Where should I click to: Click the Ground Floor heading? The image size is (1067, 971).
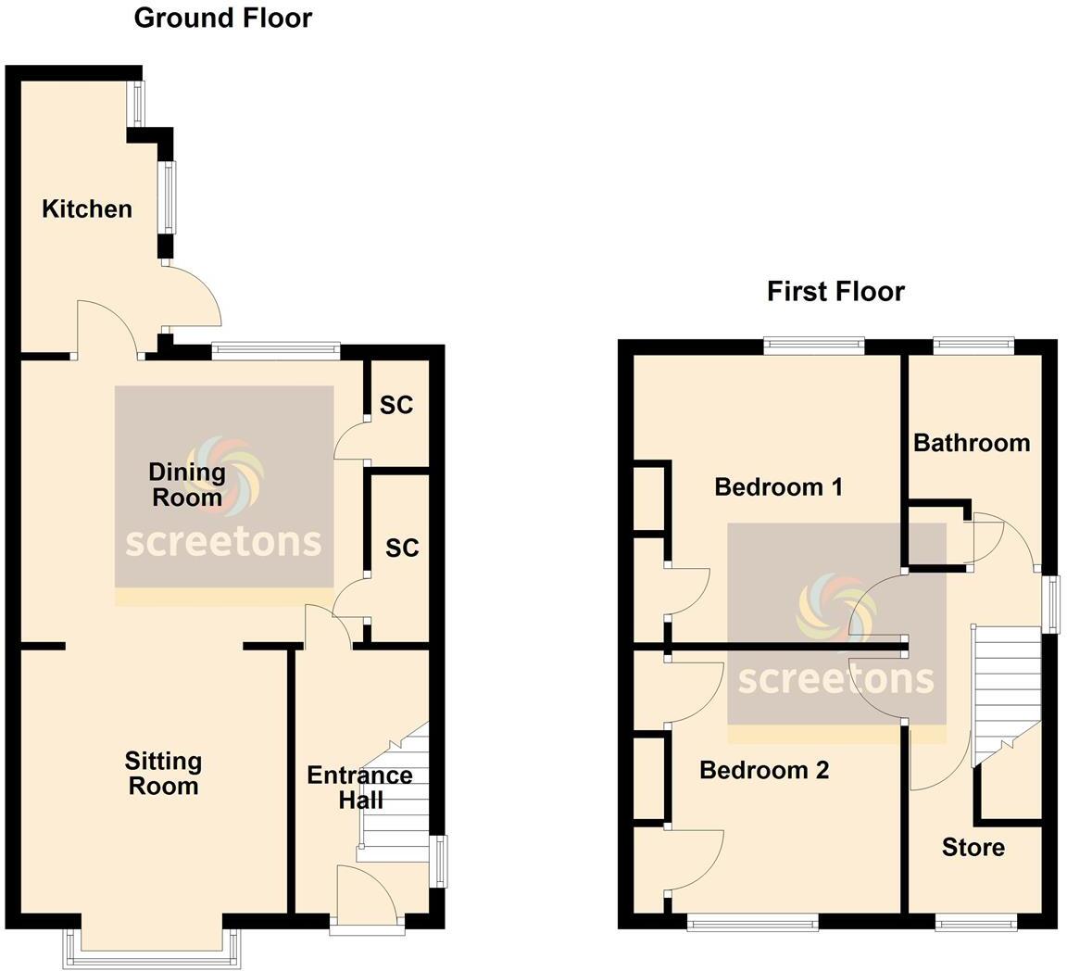point(222,18)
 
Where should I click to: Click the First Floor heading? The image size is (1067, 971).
point(835,292)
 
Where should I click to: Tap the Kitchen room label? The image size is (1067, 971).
point(87,209)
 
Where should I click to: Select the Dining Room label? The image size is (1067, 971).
point(188,485)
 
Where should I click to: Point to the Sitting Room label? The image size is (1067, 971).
point(163,774)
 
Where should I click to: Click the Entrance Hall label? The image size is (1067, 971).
point(359,787)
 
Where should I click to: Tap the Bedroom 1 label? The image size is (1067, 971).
point(778,487)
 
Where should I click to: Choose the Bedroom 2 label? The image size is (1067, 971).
point(763,770)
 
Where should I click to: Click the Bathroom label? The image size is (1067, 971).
point(971,443)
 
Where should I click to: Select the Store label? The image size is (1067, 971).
point(973,847)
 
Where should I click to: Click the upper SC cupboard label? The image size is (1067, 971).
point(396,405)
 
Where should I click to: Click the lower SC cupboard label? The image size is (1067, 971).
point(402,549)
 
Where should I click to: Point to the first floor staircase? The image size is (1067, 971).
point(1007,686)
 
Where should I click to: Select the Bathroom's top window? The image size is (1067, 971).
point(973,346)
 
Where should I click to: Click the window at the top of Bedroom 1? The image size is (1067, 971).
point(813,346)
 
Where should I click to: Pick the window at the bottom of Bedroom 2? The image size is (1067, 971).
point(752,921)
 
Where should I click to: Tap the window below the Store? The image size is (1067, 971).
point(975,921)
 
